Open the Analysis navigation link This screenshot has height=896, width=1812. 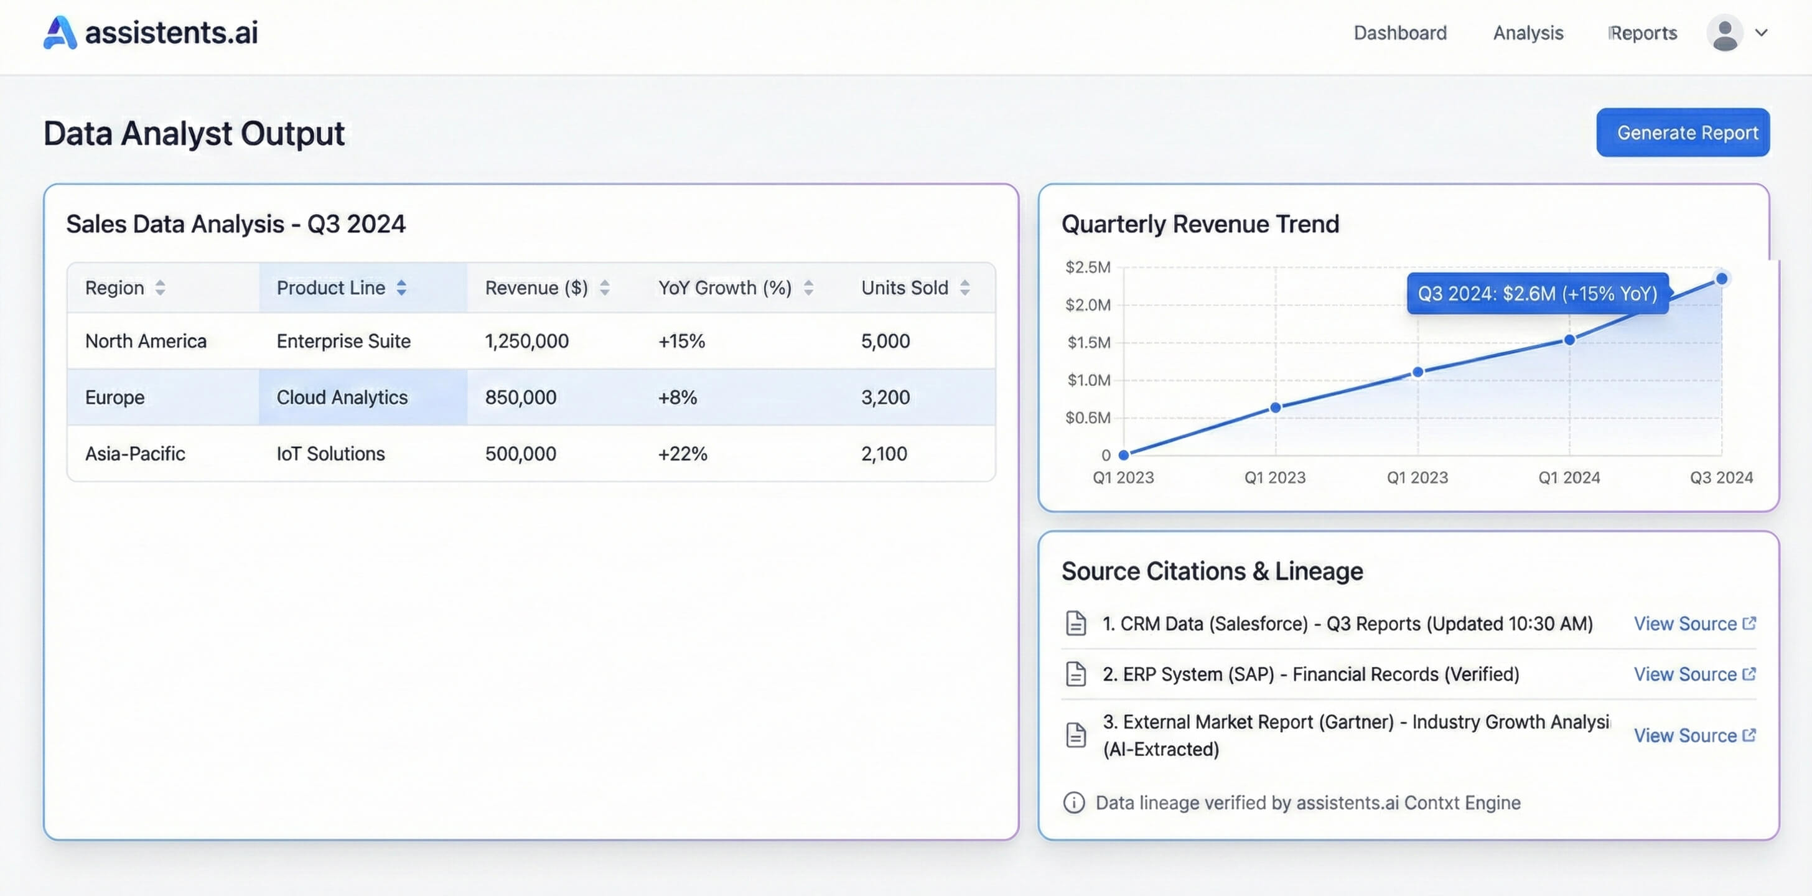[1528, 33]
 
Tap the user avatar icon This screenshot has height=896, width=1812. [1724, 33]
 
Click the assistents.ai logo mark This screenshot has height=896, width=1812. [60, 32]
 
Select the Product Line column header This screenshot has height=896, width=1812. [330, 287]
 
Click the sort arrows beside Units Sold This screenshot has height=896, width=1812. [964, 287]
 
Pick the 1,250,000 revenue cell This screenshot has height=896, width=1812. [527, 341]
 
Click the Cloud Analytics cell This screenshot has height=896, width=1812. [342, 398]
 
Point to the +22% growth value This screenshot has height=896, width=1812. [683, 454]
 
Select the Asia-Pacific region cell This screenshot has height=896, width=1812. [135, 454]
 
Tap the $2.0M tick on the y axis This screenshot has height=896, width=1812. [1088, 304]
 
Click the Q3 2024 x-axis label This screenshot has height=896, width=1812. [1721, 477]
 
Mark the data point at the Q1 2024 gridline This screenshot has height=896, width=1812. [1569, 340]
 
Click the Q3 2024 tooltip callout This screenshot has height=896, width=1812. [1537, 293]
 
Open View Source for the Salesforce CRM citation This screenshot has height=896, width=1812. [1694, 624]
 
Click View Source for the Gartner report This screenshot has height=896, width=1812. [1694, 735]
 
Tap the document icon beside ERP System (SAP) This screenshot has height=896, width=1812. [1075, 674]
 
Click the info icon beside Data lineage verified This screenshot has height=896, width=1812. [1073, 803]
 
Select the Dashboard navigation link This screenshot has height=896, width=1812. [1400, 33]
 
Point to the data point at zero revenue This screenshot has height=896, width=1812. [1123, 455]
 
